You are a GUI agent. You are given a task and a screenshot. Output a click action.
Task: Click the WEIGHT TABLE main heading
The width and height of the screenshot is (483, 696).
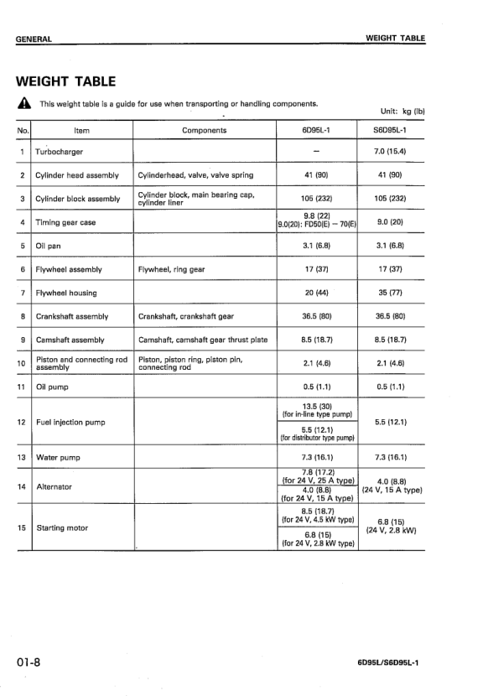[65, 81]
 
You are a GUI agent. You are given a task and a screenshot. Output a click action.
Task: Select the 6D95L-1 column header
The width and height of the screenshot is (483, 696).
[316, 131]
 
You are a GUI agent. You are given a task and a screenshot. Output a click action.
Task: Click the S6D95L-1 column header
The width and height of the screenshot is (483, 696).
[390, 131]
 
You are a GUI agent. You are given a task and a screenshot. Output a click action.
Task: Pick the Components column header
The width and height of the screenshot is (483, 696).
[204, 131]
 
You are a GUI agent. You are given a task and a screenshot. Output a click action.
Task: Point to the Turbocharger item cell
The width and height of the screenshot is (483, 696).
[59, 152]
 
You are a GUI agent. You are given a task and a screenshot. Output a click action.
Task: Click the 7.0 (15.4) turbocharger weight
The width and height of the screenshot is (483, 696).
[390, 152]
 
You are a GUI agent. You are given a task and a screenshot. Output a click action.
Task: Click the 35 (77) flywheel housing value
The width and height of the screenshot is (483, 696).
[390, 293]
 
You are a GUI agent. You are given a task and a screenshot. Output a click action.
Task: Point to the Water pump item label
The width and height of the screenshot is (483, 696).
[58, 457]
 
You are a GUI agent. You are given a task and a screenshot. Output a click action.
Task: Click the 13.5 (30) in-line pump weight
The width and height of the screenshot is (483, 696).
[316, 406]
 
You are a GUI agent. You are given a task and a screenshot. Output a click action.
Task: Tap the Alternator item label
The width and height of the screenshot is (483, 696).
[54, 486]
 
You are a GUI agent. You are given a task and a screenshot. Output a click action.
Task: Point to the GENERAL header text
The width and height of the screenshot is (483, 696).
[34, 39]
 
